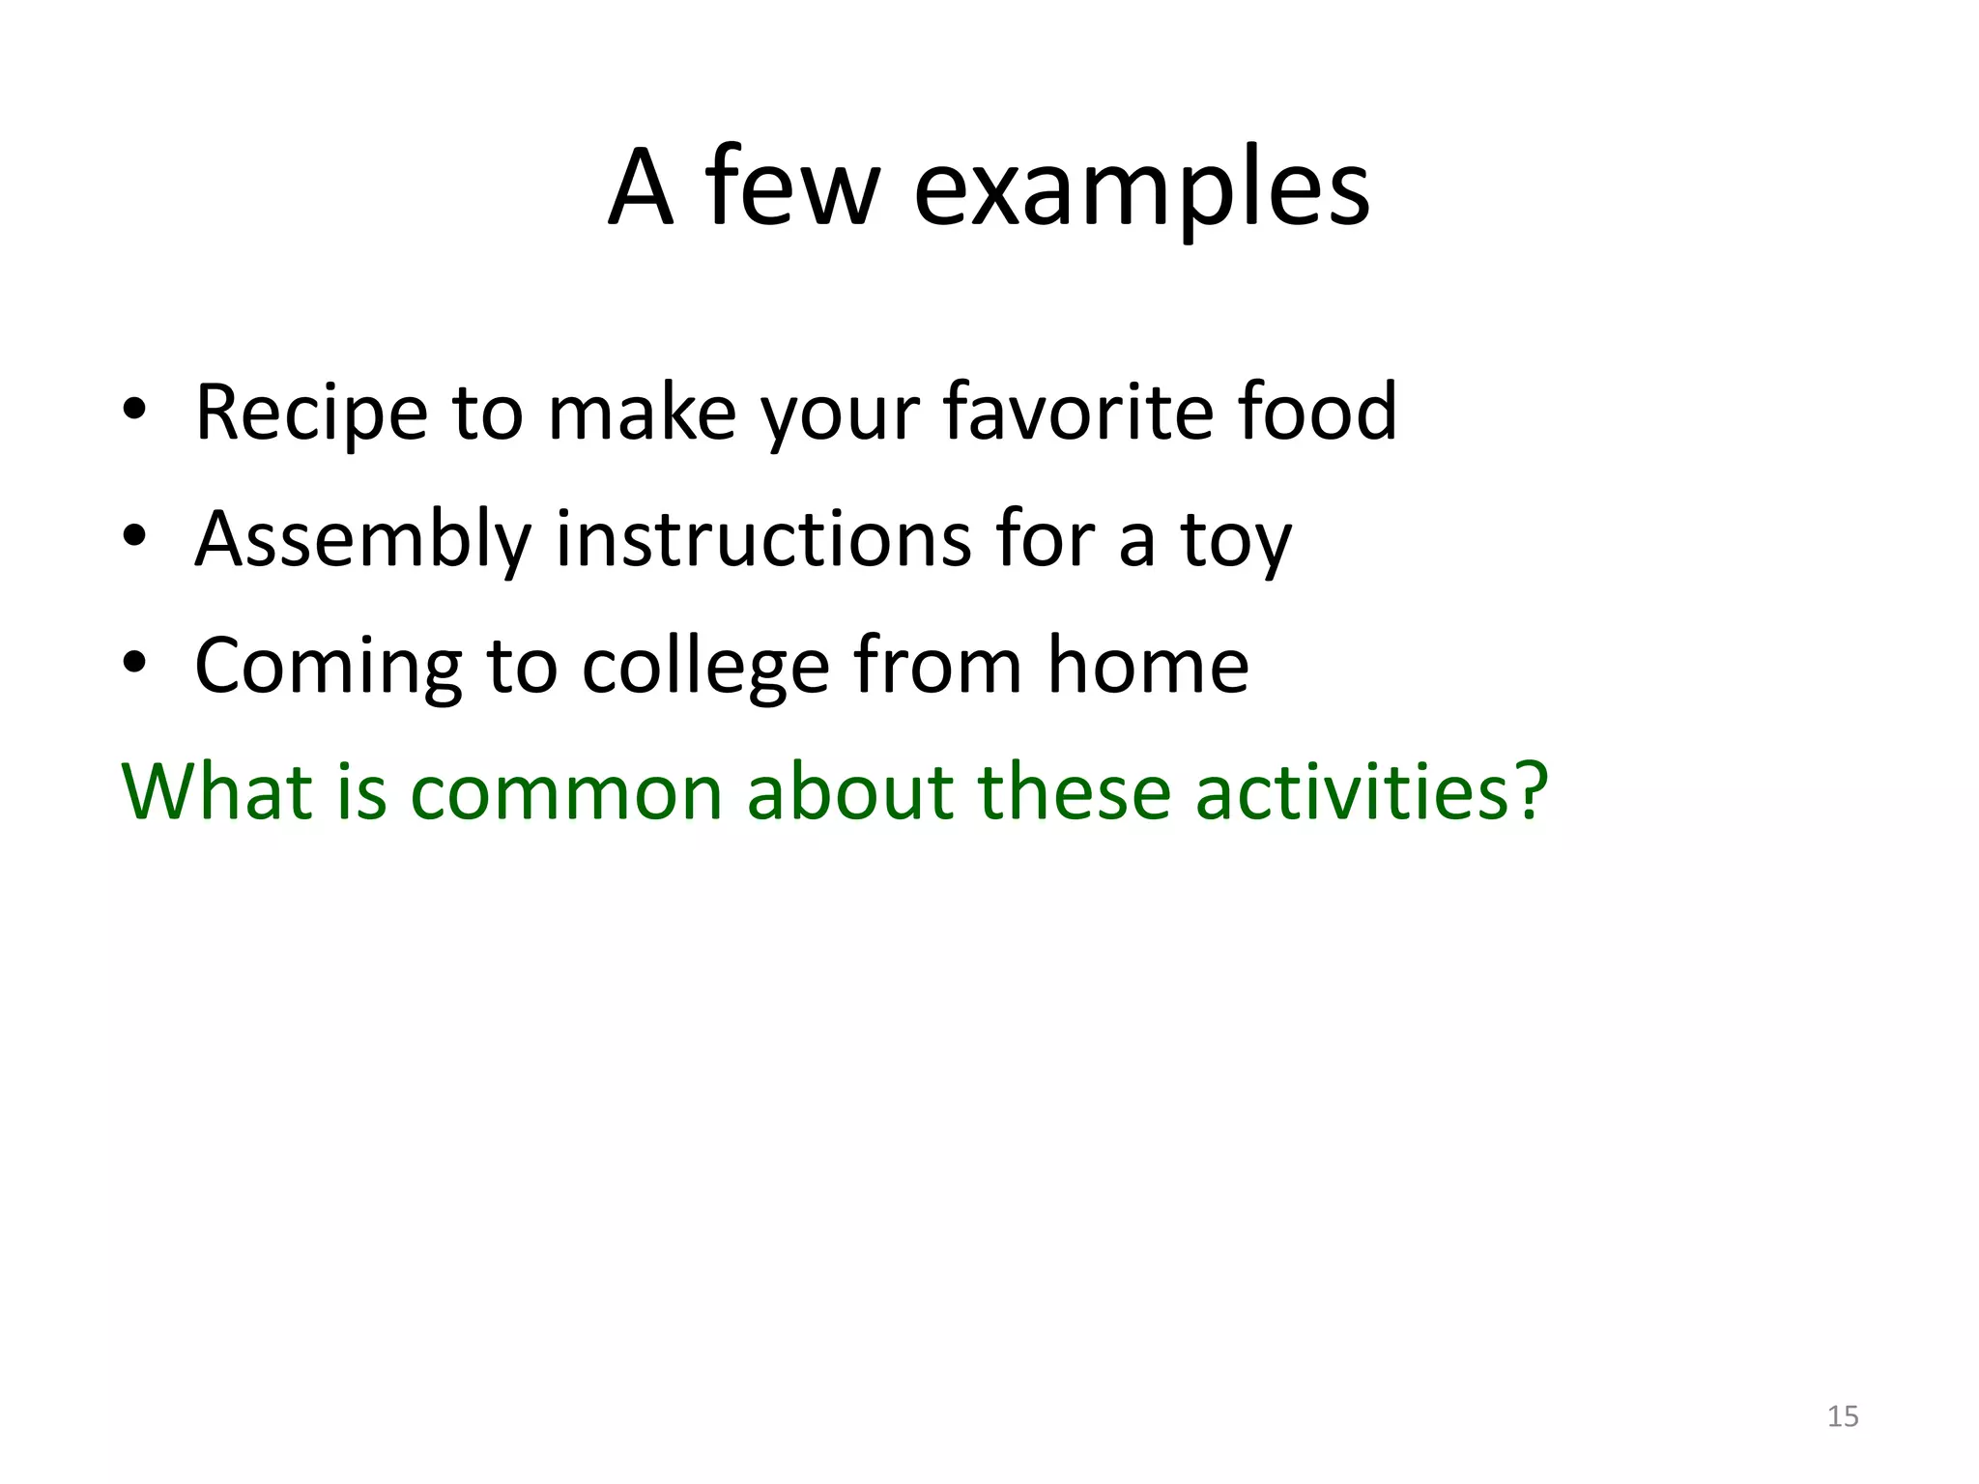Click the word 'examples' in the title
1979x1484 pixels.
tap(1141, 188)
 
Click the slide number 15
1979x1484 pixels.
tap(1843, 1416)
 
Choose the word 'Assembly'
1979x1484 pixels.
tap(363, 540)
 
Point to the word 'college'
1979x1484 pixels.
tap(705, 667)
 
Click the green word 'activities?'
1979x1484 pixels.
tap(1372, 791)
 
